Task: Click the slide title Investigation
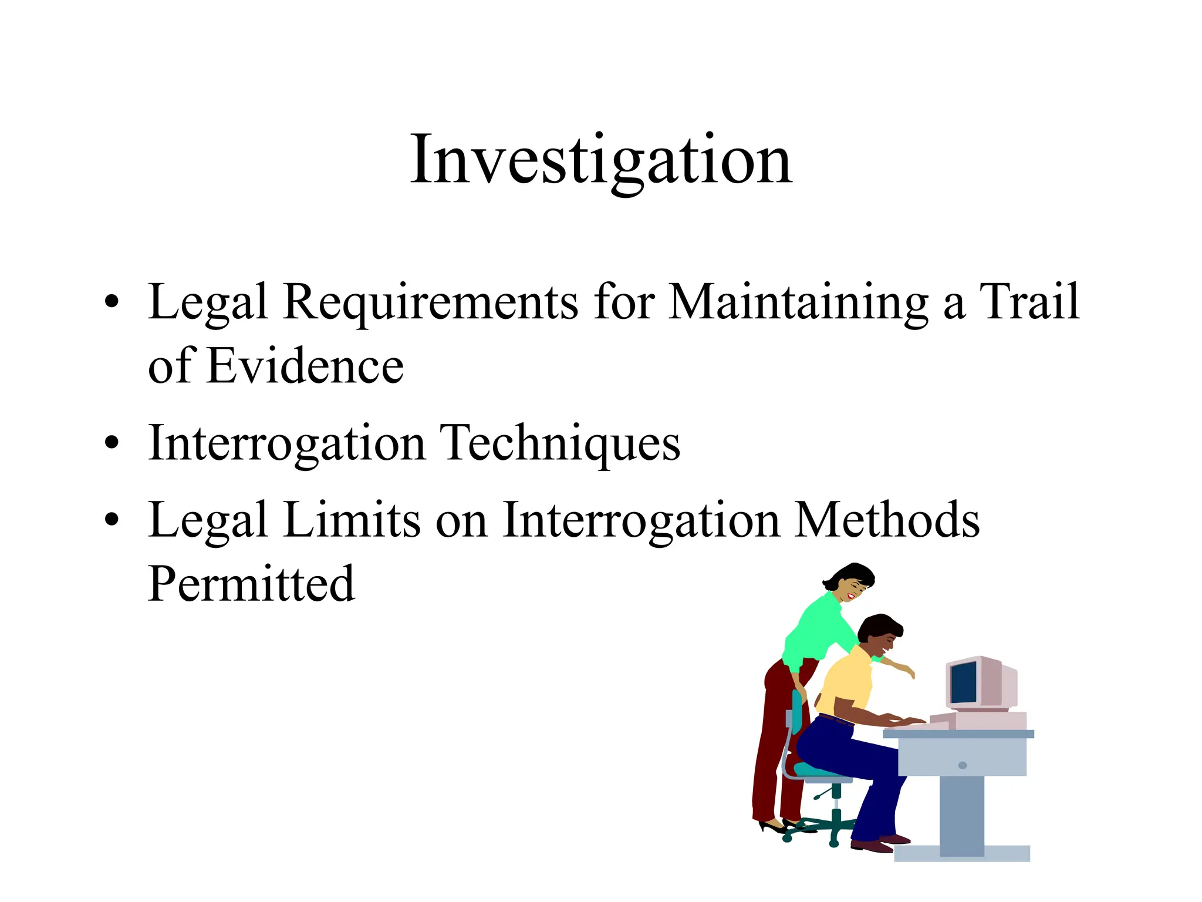tap(601, 160)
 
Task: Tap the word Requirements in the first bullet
tap(430, 302)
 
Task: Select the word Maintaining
tap(798, 302)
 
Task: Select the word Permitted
tap(251, 584)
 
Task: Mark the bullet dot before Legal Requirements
tap(112, 302)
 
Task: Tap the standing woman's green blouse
tap(819, 628)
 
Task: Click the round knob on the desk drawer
tap(963, 765)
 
